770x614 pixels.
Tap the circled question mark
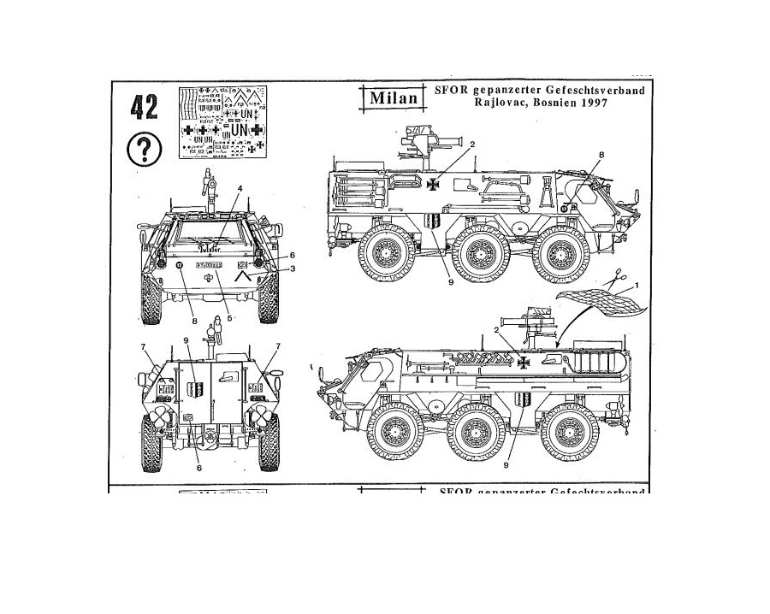click(x=144, y=150)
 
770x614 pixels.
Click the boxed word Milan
click(x=394, y=97)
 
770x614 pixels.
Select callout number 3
click(x=292, y=269)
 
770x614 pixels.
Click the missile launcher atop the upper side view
click(x=422, y=137)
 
